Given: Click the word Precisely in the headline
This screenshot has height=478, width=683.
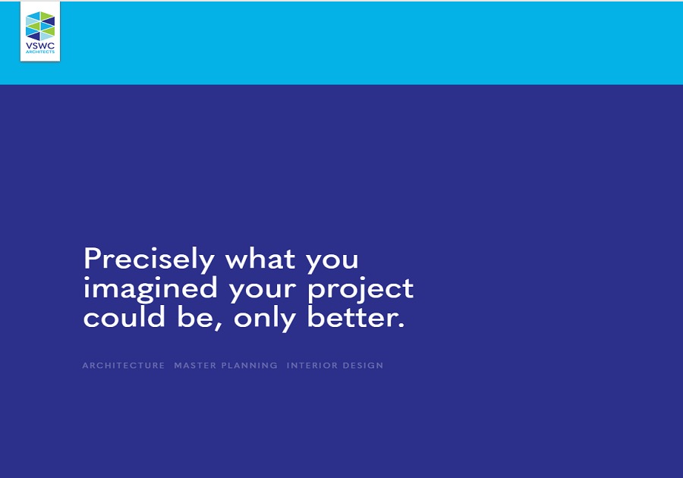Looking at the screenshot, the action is coord(149,259).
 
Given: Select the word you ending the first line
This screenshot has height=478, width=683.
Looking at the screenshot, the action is coord(332,262).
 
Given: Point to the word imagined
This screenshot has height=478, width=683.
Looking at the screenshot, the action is coord(150,289).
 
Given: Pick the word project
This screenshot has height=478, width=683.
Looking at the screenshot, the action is coord(360,289).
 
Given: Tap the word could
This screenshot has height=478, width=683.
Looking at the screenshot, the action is coord(124,316).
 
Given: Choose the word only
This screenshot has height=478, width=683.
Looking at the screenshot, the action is coord(265,318).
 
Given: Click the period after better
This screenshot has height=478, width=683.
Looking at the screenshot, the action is coord(401,325).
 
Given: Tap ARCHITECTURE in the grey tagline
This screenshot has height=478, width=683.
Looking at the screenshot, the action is coord(123,366).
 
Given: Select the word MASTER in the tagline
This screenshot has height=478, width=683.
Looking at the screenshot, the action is coord(195,366).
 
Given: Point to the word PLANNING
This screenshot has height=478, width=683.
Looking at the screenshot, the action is coord(249,366).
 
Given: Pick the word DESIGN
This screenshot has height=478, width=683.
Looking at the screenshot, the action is coord(363,366).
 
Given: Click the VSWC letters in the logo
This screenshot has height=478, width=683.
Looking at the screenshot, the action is coord(40,46).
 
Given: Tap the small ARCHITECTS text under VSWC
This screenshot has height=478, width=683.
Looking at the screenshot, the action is coord(40,52).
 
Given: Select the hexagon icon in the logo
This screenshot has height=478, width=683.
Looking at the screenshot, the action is coord(40,26).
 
